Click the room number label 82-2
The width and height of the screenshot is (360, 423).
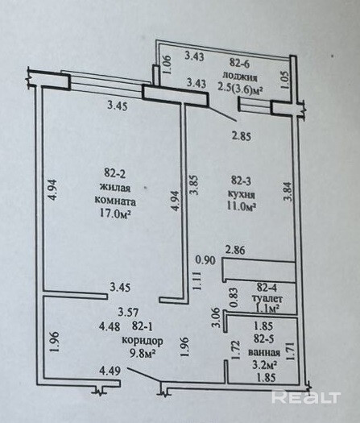(115, 173)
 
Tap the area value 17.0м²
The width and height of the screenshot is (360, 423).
(116, 214)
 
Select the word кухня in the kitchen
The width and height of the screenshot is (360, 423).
(242, 194)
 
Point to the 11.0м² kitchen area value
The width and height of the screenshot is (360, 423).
(242, 207)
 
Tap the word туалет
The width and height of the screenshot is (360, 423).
(267, 299)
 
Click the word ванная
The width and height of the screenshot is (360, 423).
(264, 353)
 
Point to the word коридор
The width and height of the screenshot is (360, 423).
(143, 341)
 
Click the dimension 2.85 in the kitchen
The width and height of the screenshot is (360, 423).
(242, 136)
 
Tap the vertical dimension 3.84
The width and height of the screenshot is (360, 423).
(288, 192)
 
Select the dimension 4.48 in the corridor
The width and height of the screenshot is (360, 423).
(110, 327)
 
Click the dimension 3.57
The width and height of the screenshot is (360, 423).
(128, 313)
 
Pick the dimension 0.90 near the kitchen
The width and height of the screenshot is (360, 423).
(205, 260)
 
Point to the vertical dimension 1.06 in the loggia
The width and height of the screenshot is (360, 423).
(168, 64)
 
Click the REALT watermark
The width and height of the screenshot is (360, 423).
(306, 397)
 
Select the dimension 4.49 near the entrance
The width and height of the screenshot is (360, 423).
(110, 371)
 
